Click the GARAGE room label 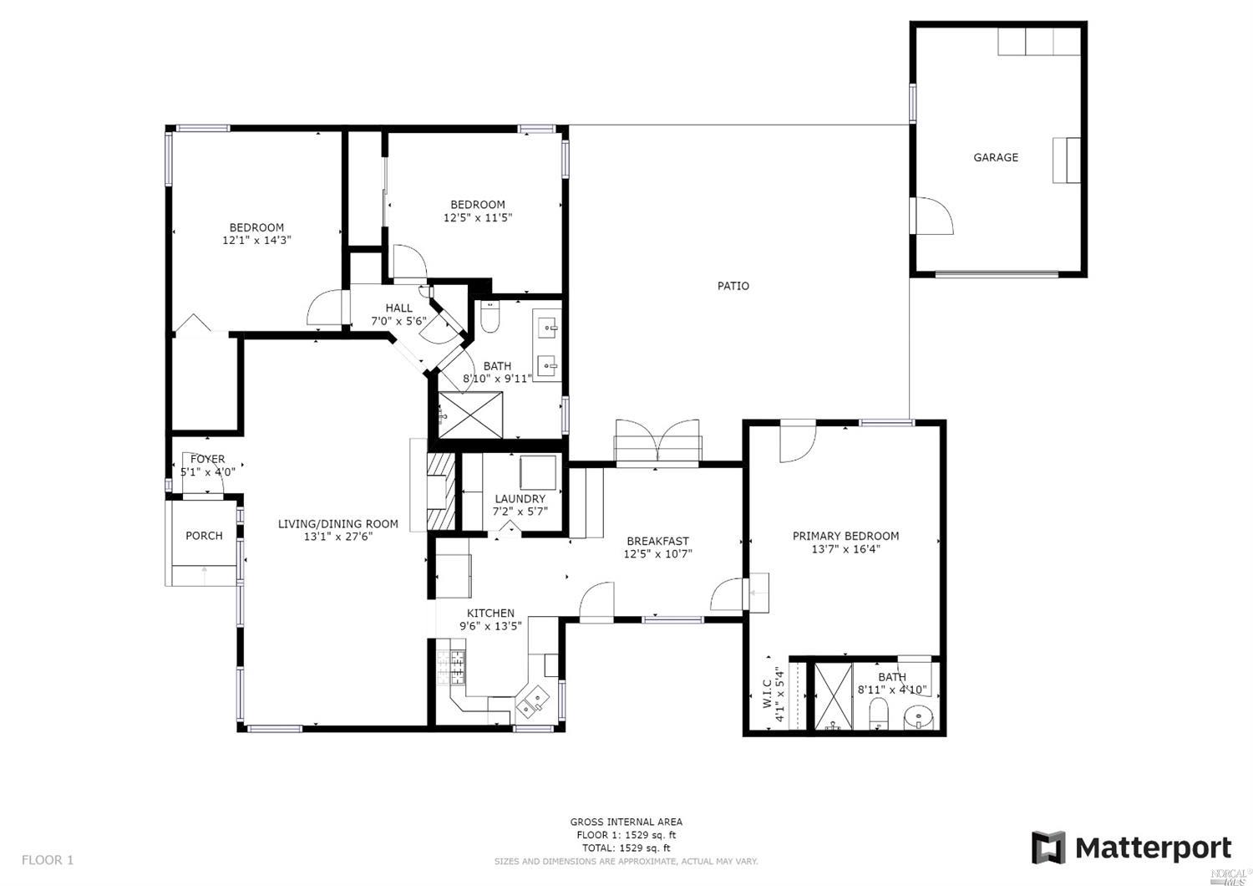coord(996,157)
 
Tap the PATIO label coord(733,286)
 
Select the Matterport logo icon coord(1048,848)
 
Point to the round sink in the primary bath coord(919,718)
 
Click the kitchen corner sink coord(529,702)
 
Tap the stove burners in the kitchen coord(451,667)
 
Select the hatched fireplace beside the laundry coord(441,491)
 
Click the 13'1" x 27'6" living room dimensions coord(338,537)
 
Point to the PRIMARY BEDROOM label coord(845,536)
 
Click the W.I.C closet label coord(767,694)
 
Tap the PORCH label coord(204,536)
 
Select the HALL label coord(398,308)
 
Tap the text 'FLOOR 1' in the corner coord(48,860)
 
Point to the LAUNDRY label coord(520,498)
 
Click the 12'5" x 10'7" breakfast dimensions coord(658,553)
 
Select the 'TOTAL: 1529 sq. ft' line coord(626,848)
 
